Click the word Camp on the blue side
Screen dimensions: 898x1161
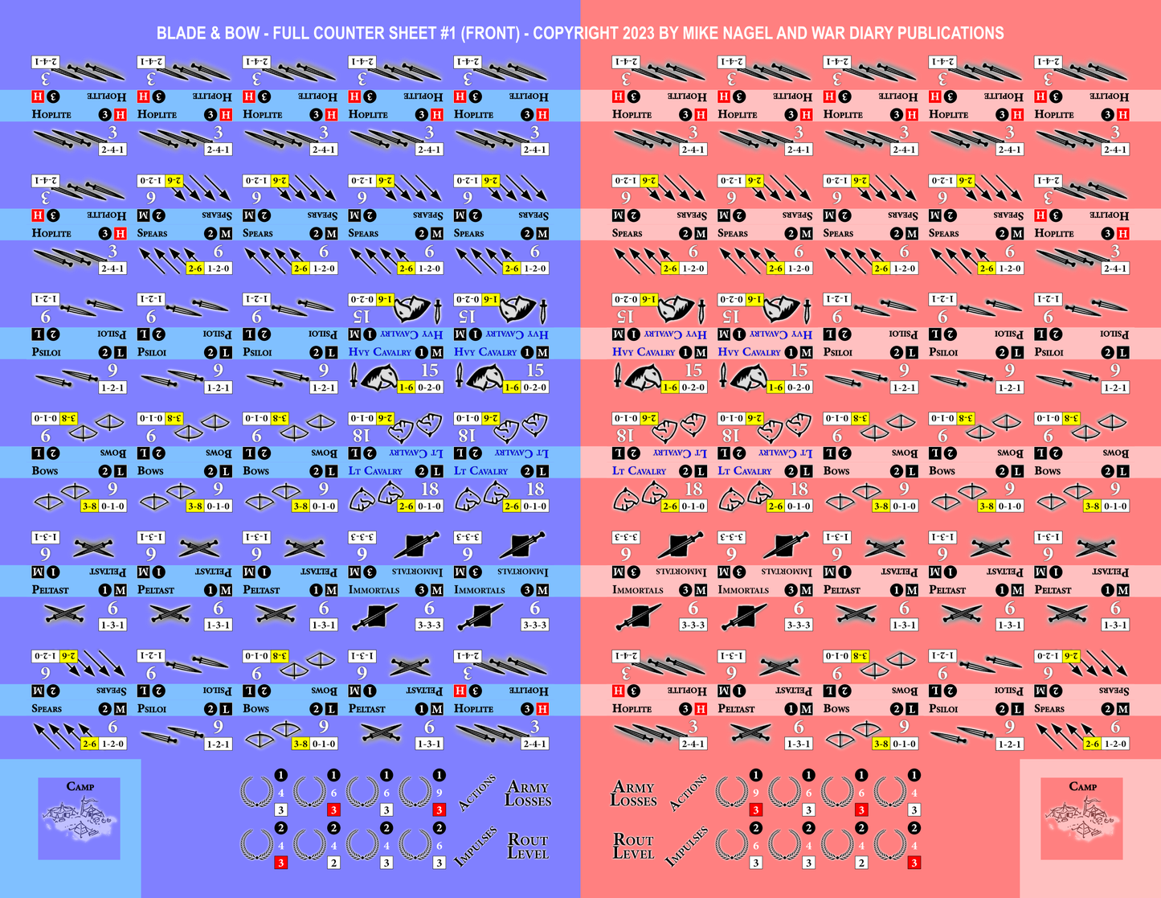(80, 786)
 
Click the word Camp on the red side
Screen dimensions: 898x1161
(1082, 786)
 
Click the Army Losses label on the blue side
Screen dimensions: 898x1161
(528, 793)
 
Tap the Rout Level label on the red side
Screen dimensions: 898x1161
(633, 846)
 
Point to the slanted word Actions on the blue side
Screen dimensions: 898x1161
(476, 793)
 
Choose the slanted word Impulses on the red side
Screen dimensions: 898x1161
(686, 846)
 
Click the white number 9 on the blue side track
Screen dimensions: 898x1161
(439, 793)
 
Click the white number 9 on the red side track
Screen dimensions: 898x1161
(756, 793)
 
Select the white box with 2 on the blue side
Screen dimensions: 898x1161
(333, 863)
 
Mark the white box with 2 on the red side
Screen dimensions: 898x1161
(861, 863)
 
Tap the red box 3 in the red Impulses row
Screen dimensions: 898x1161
(914, 863)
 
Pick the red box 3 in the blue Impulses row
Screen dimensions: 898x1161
(280, 863)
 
